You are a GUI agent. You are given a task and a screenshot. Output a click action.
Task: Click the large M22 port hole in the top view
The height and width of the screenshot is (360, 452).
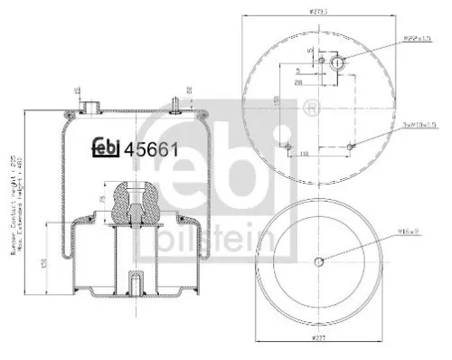click(x=337, y=63)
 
